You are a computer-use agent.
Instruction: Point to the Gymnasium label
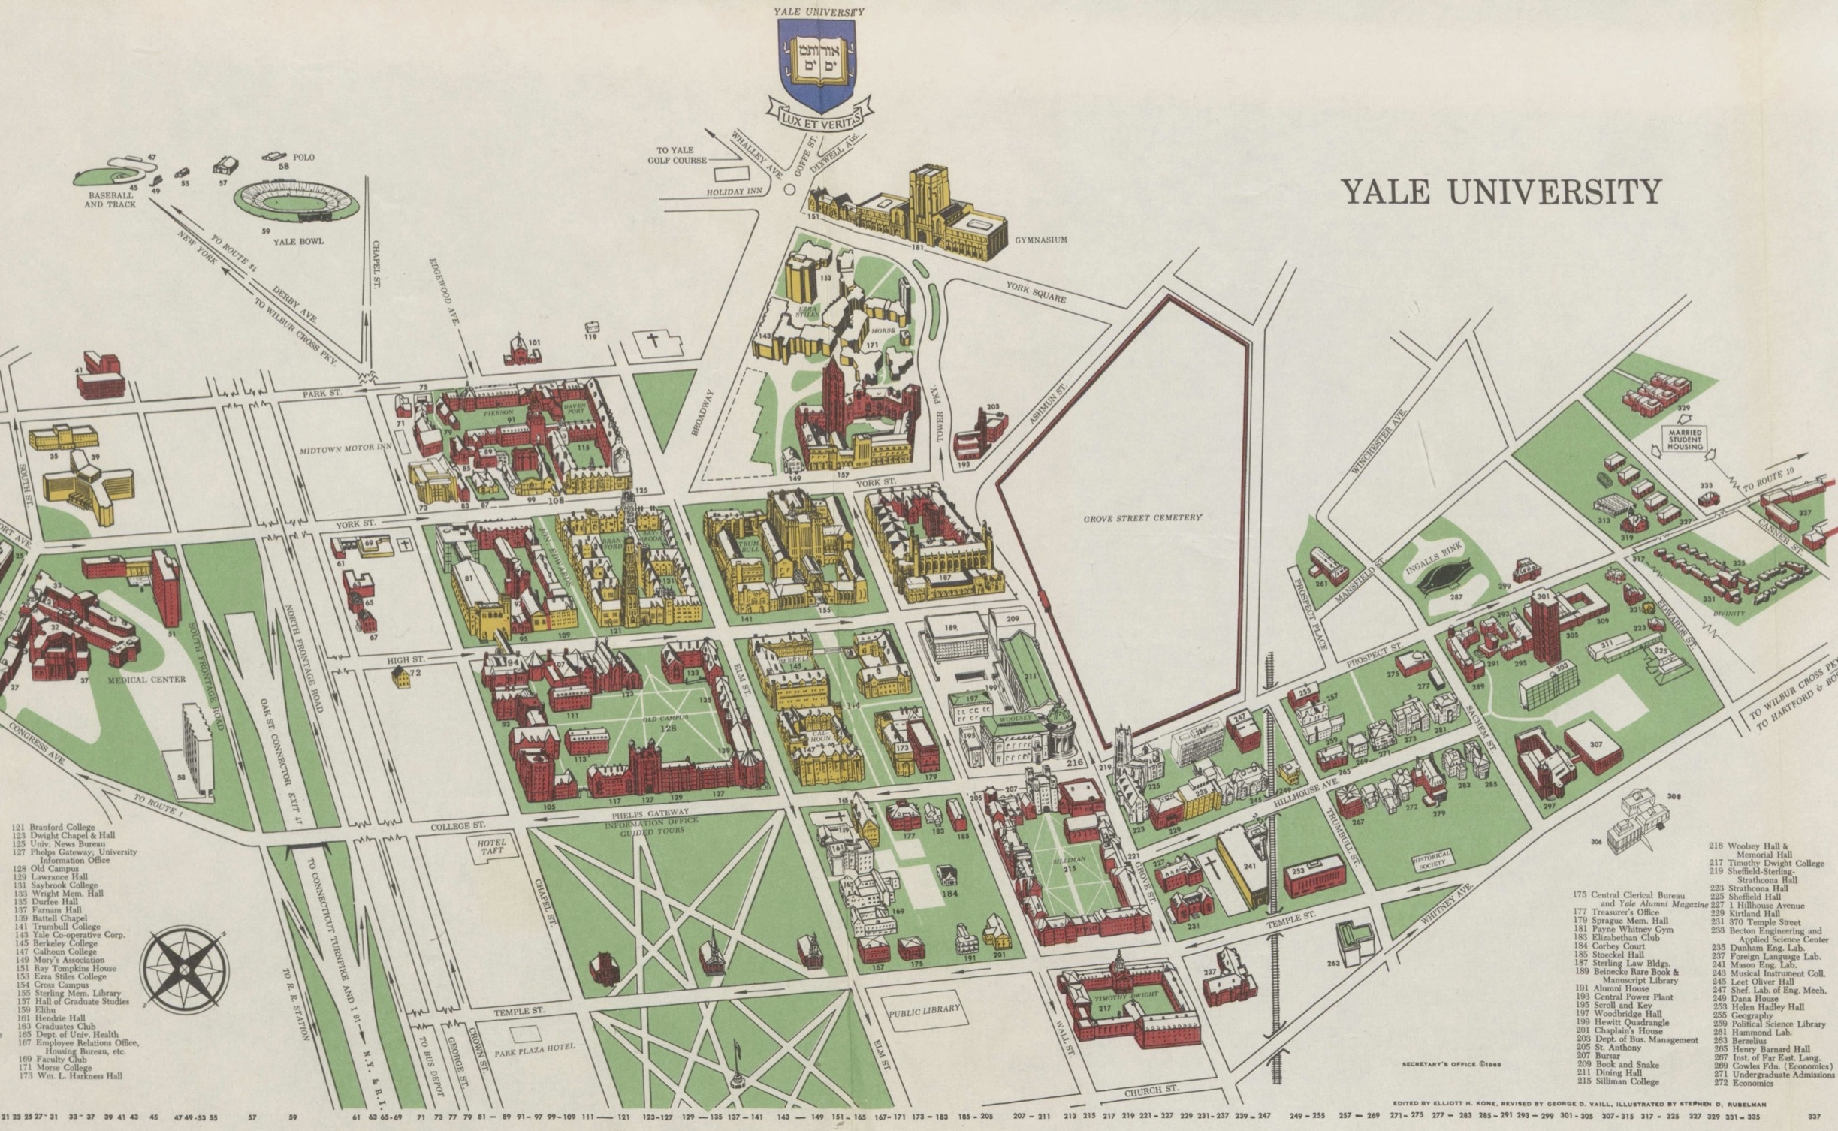(x=1040, y=240)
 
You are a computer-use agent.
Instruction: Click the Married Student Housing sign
(x=1685, y=439)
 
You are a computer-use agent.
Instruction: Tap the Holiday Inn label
(x=734, y=192)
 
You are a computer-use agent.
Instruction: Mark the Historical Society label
(x=1432, y=861)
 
